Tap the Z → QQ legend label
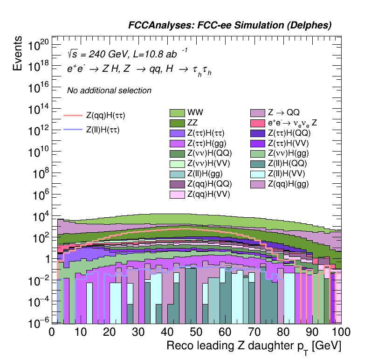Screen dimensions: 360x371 point(283,113)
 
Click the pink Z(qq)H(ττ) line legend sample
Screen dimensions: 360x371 point(72,115)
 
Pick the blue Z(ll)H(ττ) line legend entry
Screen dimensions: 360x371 point(72,130)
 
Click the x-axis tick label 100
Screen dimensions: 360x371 point(341,332)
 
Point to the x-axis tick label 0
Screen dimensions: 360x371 point(52,332)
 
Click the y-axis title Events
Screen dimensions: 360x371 point(18,54)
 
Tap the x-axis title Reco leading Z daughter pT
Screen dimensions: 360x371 point(254,346)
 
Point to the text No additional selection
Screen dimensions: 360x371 point(109,90)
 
